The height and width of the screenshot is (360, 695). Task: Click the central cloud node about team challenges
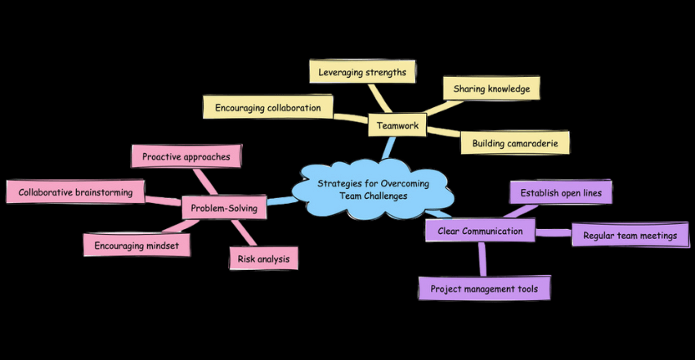click(x=372, y=189)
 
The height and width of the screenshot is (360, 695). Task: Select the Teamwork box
click(x=398, y=126)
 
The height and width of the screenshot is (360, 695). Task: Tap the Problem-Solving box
click(x=223, y=209)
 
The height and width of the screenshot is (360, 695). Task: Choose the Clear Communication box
click(x=480, y=232)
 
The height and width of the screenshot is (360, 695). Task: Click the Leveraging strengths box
click(x=363, y=72)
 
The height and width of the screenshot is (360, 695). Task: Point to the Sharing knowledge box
click(x=491, y=88)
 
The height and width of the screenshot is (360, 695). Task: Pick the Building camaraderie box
click(x=514, y=143)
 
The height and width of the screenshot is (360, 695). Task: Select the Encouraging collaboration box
click(x=268, y=107)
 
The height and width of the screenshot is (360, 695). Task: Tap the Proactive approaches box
click(x=186, y=155)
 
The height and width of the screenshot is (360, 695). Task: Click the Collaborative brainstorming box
click(x=75, y=192)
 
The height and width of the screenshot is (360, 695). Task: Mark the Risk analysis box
click(x=262, y=259)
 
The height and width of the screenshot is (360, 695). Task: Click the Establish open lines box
click(x=561, y=193)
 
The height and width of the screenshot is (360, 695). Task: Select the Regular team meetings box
click(x=625, y=236)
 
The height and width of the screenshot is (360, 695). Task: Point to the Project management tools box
click(x=483, y=288)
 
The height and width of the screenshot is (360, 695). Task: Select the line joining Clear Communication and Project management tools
click(x=482, y=259)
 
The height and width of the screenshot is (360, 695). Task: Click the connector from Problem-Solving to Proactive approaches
click(x=202, y=180)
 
